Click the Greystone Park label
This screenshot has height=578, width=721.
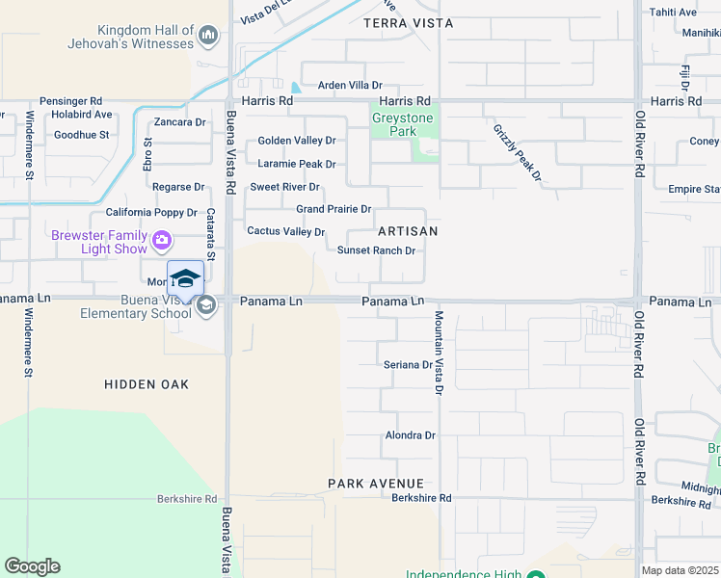[x=403, y=125]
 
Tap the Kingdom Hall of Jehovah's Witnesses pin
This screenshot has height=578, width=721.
[x=207, y=38]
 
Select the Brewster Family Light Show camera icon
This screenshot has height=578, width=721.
[x=162, y=240]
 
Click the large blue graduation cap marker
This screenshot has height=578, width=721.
[x=185, y=278]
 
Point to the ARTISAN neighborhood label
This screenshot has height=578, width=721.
[x=408, y=231]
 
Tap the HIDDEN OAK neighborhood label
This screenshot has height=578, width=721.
[x=147, y=384]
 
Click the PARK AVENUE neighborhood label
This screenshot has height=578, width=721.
[x=375, y=483]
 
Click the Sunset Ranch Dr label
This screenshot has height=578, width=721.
[x=376, y=250]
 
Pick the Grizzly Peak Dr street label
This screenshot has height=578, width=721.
[x=519, y=152]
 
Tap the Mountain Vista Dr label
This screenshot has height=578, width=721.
[x=438, y=353]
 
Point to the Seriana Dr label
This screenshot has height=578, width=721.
[x=408, y=365]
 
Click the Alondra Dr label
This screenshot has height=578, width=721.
[x=410, y=435]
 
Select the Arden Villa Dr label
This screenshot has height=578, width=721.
[x=351, y=86]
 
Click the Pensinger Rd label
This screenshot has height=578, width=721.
[x=70, y=101]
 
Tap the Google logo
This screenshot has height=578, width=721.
[x=32, y=566]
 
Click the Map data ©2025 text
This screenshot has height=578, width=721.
[x=681, y=571]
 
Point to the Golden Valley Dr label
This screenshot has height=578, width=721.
[x=296, y=141]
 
